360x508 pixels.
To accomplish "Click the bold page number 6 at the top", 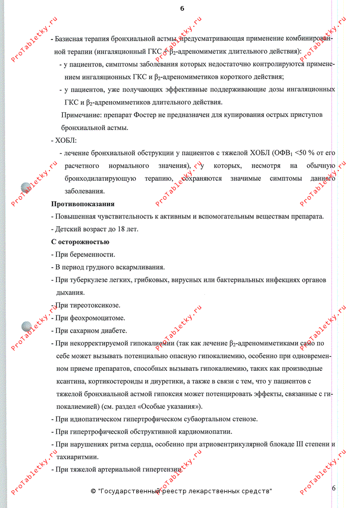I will click(182, 9).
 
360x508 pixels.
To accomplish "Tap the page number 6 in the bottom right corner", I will click(334, 488).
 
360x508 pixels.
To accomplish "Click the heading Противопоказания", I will click(83, 204).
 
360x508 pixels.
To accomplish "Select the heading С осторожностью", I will click(80, 242).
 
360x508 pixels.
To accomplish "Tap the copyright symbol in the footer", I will click(93, 492).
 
